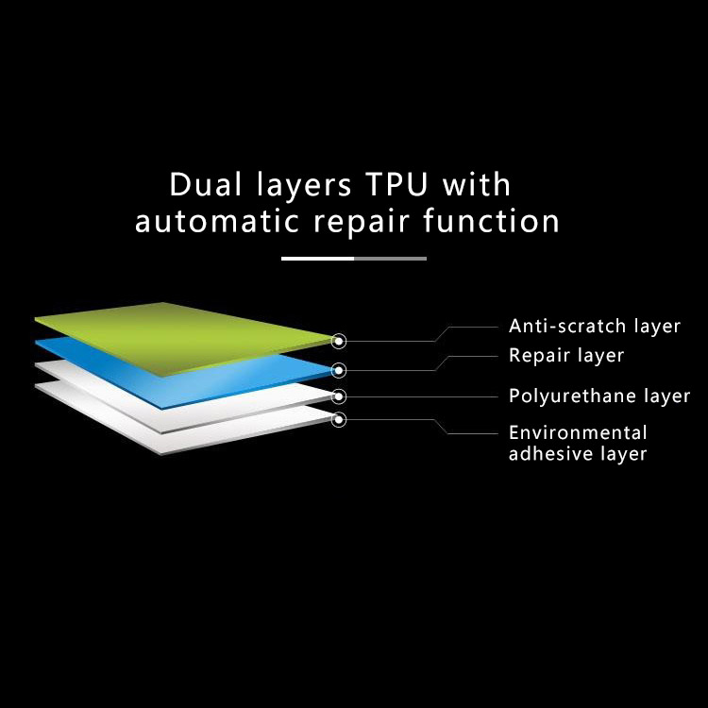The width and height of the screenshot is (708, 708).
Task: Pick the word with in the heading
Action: coord(474,184)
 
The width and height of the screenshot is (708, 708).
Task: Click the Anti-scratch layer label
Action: coord(595,327)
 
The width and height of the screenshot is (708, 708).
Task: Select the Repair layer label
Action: coord(566,356)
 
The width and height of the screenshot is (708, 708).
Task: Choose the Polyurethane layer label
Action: coord(599,396)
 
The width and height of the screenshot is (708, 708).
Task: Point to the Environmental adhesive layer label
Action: coord(578,444)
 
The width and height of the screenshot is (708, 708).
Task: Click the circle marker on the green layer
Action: coord(339,341)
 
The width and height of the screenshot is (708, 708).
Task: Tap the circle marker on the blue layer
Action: coord(339,370)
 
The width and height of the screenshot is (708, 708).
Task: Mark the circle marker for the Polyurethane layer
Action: coord(339,396)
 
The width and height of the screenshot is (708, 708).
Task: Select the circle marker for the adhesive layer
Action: coord(339,419)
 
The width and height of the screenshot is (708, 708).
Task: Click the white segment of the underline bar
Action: coord(317,258)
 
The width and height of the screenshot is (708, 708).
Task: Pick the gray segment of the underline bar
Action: coord(390,258)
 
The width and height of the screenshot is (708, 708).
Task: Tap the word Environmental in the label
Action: coord(578,433)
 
